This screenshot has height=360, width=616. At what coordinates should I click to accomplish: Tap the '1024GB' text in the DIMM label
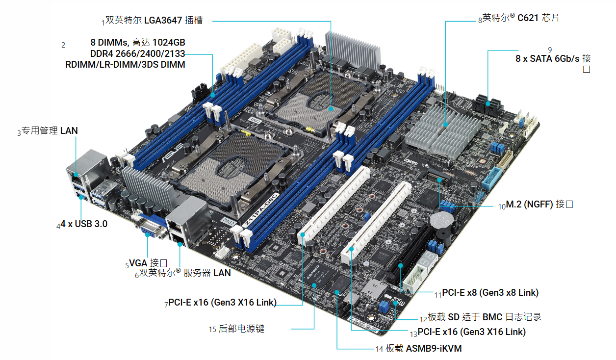(169, 42)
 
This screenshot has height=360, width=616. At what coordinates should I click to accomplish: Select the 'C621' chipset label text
(528, 18)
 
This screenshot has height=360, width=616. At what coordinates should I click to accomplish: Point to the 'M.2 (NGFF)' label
(529, 205)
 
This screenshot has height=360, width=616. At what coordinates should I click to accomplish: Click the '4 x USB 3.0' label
(84, 224)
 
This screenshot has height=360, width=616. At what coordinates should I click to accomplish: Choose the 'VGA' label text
(138, 263)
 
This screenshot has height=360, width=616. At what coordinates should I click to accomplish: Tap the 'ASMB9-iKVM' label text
(434, 348)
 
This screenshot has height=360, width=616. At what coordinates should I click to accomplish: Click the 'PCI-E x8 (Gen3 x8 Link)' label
(490, 293)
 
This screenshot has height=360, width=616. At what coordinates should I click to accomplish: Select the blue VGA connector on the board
(151, 228)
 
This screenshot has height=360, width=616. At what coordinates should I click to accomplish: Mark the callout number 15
(212, 329)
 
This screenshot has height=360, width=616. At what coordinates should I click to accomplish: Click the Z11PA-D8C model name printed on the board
(259, 209)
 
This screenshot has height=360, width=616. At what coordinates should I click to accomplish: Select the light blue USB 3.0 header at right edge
(491, 179)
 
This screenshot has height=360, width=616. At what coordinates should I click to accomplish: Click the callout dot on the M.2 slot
(439, 180)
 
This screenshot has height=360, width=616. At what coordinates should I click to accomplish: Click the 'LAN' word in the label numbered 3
(69, 130)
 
